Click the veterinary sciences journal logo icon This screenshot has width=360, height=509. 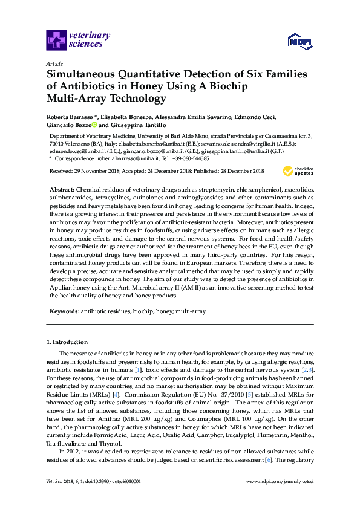(x=56, y=40)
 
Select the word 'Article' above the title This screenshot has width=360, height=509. (x=54, y=63)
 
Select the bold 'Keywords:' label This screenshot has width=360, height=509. (x=64, y=311)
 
